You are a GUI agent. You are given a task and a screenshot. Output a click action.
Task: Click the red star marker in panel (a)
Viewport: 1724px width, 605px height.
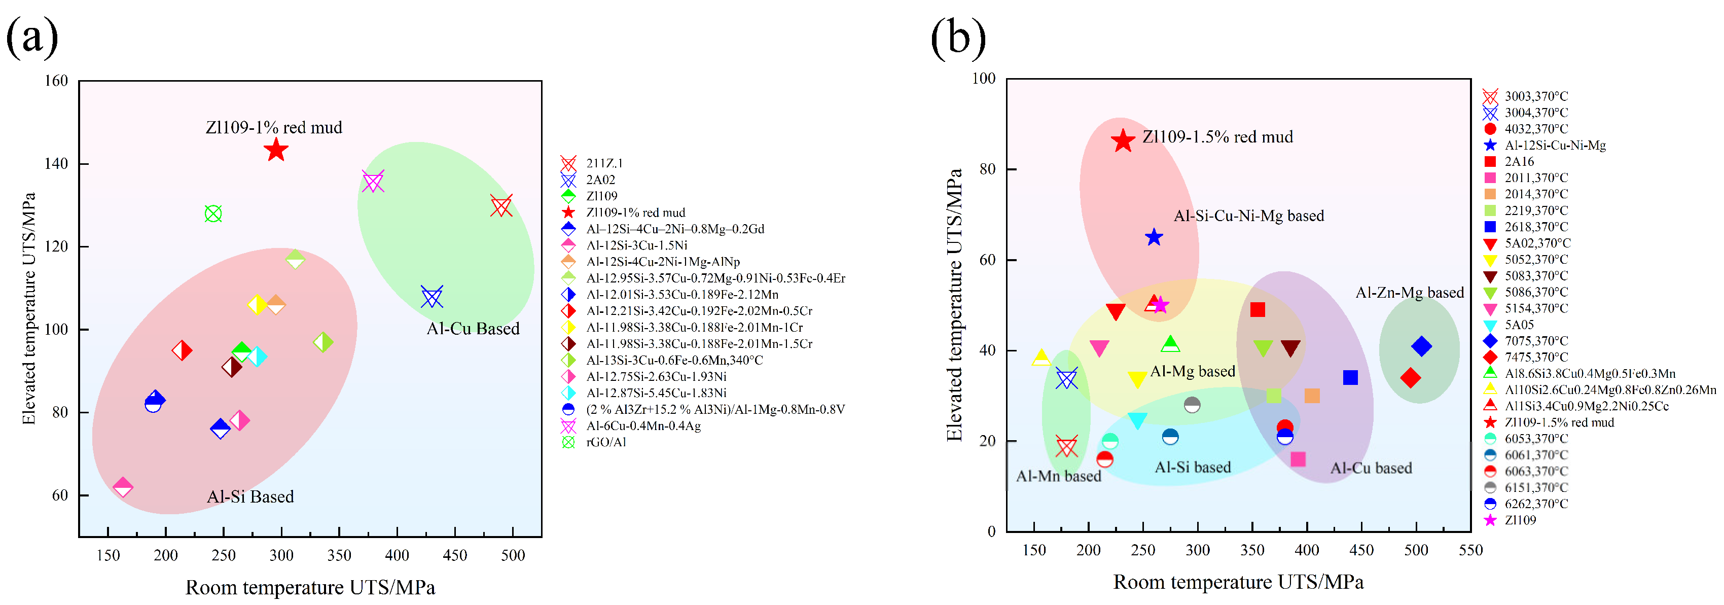tap(276, 150)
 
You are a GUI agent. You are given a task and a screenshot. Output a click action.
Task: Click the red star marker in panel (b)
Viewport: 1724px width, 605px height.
tap(1123, 140)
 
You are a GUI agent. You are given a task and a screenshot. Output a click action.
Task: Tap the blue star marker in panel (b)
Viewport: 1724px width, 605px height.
tap(1153, 237)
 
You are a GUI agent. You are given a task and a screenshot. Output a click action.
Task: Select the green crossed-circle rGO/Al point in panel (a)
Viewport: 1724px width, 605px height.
tap(213, 214)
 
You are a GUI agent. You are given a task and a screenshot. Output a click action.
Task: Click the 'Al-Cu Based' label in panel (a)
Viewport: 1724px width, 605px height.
tap(473, 329)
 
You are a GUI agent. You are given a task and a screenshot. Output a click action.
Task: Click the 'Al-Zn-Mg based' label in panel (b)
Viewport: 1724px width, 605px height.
tap(1410, 293)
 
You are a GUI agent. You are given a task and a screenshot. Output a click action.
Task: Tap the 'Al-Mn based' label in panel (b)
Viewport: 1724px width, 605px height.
tap(1058, 476)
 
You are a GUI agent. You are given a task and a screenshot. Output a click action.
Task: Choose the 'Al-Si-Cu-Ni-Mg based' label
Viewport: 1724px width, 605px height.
tap(1248, 216)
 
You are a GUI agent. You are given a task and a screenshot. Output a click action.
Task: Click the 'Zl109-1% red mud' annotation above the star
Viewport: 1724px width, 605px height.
tap(273, 127)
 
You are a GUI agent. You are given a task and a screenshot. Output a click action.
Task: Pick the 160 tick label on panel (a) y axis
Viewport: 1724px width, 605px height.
tap(56, 81)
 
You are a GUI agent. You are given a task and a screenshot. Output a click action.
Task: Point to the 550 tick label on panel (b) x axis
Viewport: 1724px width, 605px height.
tap(1470, 550)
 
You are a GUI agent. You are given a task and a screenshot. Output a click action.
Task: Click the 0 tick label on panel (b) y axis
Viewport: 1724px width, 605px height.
tap(991, 531)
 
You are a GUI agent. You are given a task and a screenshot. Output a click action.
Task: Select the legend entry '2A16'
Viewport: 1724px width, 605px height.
tap(1519, 161)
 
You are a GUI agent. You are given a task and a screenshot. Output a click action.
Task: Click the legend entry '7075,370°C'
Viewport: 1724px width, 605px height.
tap(1535, 341)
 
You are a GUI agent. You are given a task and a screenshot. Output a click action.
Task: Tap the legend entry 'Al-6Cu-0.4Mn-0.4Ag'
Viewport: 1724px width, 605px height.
tap(642, 425)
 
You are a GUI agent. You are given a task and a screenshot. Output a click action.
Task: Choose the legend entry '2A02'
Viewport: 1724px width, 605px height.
tap(600, 180)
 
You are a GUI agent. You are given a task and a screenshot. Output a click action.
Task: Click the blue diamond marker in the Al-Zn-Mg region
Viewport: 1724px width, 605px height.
tap(1421, 346)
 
